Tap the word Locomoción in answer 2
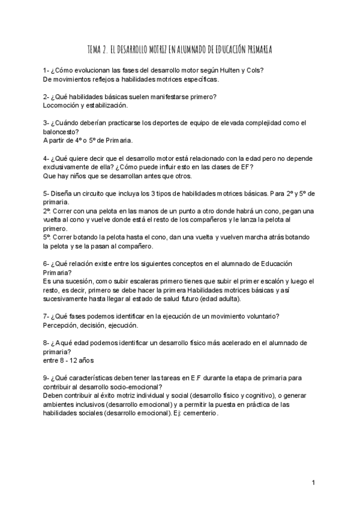[62, 105]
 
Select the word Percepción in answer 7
[62, 325]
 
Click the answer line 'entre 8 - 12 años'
[68, 360]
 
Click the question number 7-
[47, 316]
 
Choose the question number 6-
[47, 264]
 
